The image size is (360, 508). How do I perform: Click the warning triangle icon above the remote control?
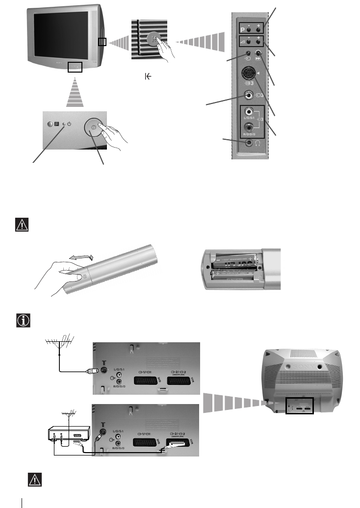point(22,225)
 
